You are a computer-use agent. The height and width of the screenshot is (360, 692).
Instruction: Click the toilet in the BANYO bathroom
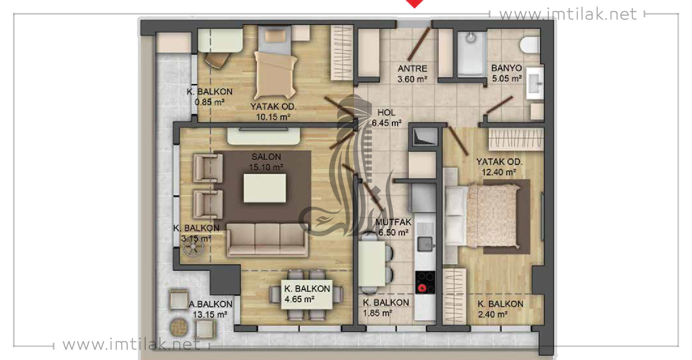530,45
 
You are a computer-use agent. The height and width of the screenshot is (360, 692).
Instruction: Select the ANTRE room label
413,68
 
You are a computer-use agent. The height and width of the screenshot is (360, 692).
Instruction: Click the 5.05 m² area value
507,79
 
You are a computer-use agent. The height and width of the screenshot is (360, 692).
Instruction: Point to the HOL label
387,112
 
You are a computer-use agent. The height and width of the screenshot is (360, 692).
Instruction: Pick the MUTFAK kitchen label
393,222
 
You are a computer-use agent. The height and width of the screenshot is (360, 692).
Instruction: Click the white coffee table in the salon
265,188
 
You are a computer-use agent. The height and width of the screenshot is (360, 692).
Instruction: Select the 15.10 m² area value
266,167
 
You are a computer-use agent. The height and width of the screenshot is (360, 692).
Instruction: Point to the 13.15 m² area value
210,315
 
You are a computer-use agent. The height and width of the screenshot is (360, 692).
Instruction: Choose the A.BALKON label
210,304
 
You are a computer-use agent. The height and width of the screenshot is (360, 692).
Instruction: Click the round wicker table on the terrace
179,328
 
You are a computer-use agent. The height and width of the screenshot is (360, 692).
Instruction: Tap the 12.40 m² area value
499,172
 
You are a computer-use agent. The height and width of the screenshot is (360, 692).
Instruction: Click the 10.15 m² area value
273,117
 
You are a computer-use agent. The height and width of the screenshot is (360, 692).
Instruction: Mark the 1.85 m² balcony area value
378,313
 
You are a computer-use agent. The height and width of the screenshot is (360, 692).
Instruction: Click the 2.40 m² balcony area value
493,315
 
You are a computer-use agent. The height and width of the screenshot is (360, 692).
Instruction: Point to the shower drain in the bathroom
471,38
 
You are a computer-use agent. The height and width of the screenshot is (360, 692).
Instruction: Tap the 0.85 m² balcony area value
209,102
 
